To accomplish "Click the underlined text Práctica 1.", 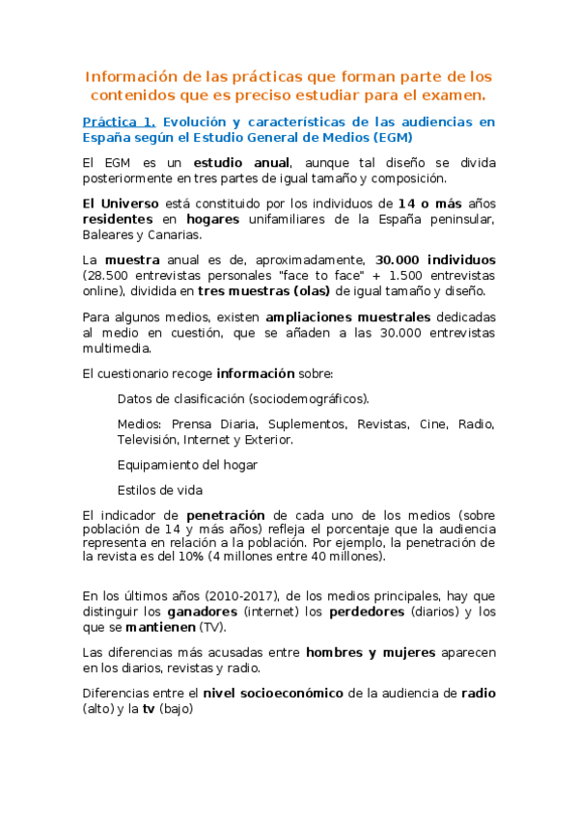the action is tap(118, 123).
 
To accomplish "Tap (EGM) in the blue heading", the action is tap(385, 138).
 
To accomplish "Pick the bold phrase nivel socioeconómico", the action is tap(274, 694).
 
